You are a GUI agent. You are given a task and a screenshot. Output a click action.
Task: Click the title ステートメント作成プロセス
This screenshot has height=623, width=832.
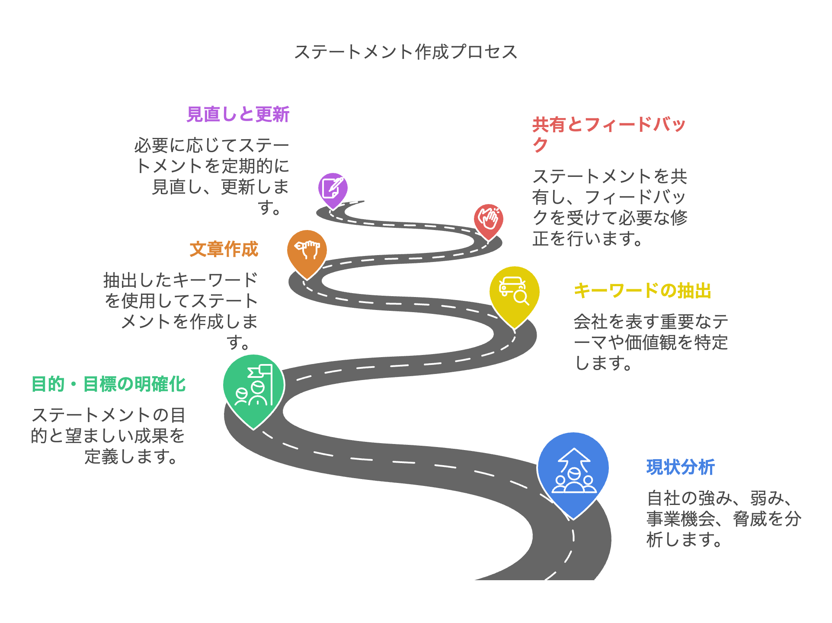[406, 52]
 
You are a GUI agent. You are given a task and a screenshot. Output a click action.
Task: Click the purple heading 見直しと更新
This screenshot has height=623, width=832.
[238, 115]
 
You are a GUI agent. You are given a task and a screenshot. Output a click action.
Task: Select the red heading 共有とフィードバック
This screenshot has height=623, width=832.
[609, 134]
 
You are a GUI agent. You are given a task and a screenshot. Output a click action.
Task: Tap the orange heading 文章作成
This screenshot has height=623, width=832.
[224, 249]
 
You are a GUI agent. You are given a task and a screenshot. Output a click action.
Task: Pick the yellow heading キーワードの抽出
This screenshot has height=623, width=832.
[643, 291]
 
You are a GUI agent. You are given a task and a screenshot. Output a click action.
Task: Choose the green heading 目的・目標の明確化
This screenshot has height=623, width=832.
[109, 384]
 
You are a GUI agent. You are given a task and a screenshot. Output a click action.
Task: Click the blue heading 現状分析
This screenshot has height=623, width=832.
[681, 467]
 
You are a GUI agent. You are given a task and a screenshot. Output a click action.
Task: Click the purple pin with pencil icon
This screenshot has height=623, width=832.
[333, 189]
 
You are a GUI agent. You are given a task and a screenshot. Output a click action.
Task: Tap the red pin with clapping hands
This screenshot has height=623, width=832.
[488, 220]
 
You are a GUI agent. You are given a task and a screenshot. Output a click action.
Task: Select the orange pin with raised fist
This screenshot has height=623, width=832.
[307, 251]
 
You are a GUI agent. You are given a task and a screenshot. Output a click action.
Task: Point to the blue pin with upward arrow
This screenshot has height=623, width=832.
[573, 471]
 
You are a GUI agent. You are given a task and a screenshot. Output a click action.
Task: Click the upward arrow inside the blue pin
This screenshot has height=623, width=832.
[573, 457]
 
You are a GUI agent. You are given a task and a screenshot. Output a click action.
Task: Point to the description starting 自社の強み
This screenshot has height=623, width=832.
[723, 519]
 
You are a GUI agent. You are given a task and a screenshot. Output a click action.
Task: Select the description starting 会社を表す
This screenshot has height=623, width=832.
[651, 342]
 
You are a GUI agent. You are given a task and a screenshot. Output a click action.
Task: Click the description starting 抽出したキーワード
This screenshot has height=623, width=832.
[181, 311]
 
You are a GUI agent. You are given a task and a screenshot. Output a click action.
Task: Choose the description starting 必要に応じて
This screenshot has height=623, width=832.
[212, 176]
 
